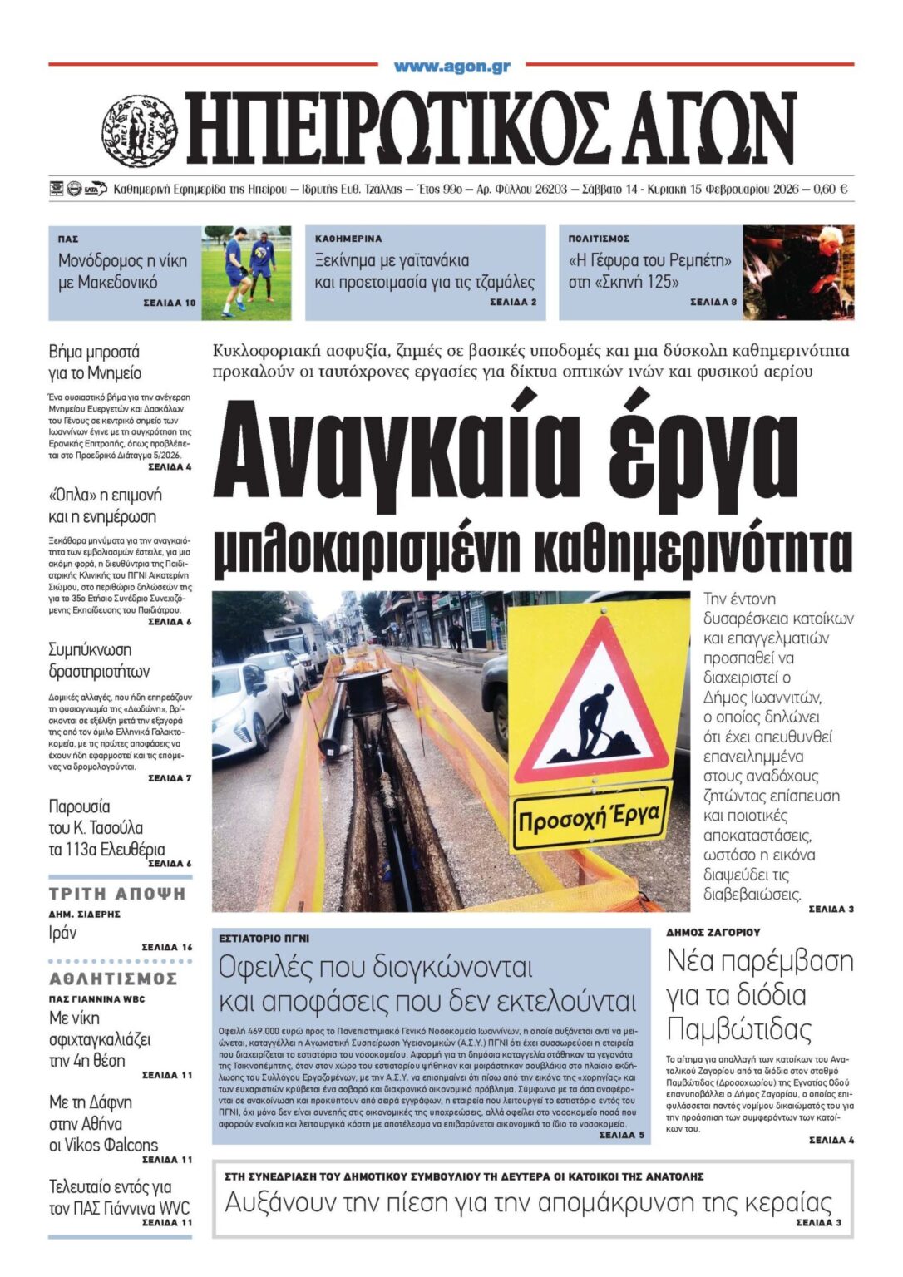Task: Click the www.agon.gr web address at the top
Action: pos(452,67)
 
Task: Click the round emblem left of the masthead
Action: pos(140,131)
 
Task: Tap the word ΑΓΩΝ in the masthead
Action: pos(697,130)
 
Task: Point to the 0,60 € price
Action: pos(831,190)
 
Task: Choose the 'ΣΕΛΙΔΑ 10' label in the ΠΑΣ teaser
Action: pos(170,303)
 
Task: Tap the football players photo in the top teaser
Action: pos(248,272)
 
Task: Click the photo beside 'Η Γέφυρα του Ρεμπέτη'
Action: pos(797,272)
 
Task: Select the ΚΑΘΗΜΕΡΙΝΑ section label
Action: pos(348,239)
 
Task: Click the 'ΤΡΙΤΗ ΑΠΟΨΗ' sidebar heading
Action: pos(117,895)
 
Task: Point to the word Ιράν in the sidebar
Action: pos(63,933)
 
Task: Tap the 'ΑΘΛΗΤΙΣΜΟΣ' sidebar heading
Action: pos(113,979)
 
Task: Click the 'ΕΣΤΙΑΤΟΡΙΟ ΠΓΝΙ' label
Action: pos(264,938)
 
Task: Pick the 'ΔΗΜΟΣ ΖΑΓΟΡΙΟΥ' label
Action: pos(713,933)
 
